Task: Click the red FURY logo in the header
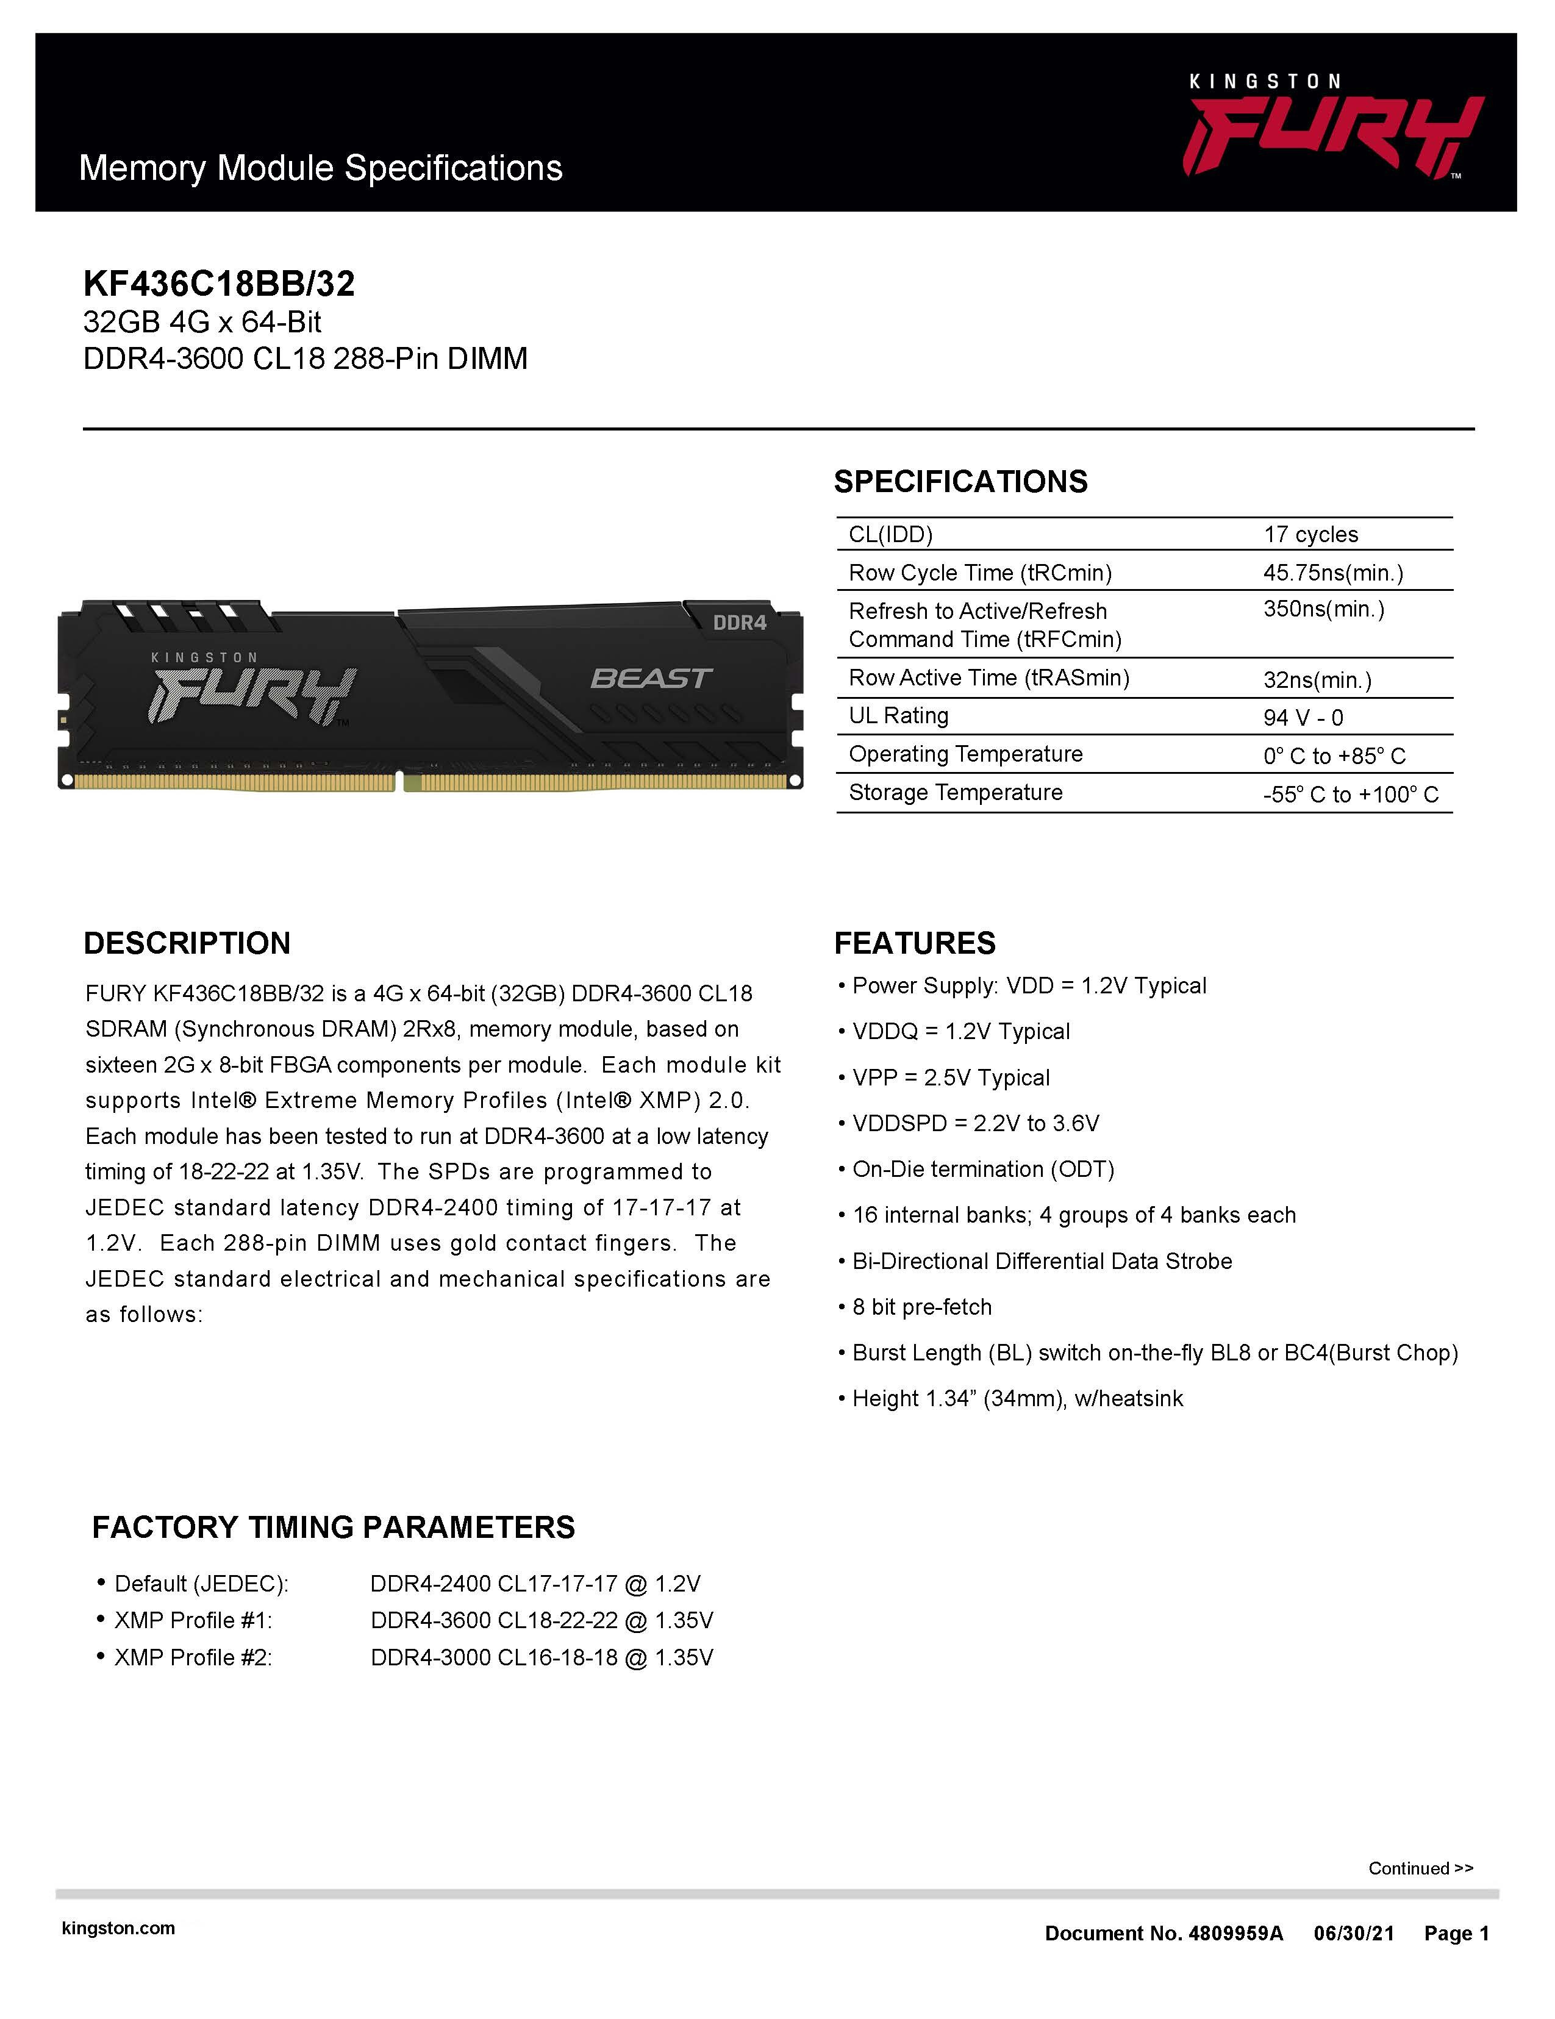[x=1331, y=137]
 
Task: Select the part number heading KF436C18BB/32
[x=219, y=284]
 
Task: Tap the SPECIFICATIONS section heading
[x=960, y=482]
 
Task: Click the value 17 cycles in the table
[x=1310, y=534]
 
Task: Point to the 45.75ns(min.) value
[x=1332, y=573]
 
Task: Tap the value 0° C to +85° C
[x=1333, y=756]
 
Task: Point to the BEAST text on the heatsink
[x=651, y=679]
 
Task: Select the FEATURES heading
[x=914, y=943]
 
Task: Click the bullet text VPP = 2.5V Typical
[x=951, y=1078]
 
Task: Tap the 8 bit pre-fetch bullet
[x=921, y=1307]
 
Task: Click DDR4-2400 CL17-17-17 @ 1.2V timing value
[x=535, y=1584]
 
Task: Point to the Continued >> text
[x=1420, y=1868]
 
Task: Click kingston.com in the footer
[x=118, y=1928]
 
